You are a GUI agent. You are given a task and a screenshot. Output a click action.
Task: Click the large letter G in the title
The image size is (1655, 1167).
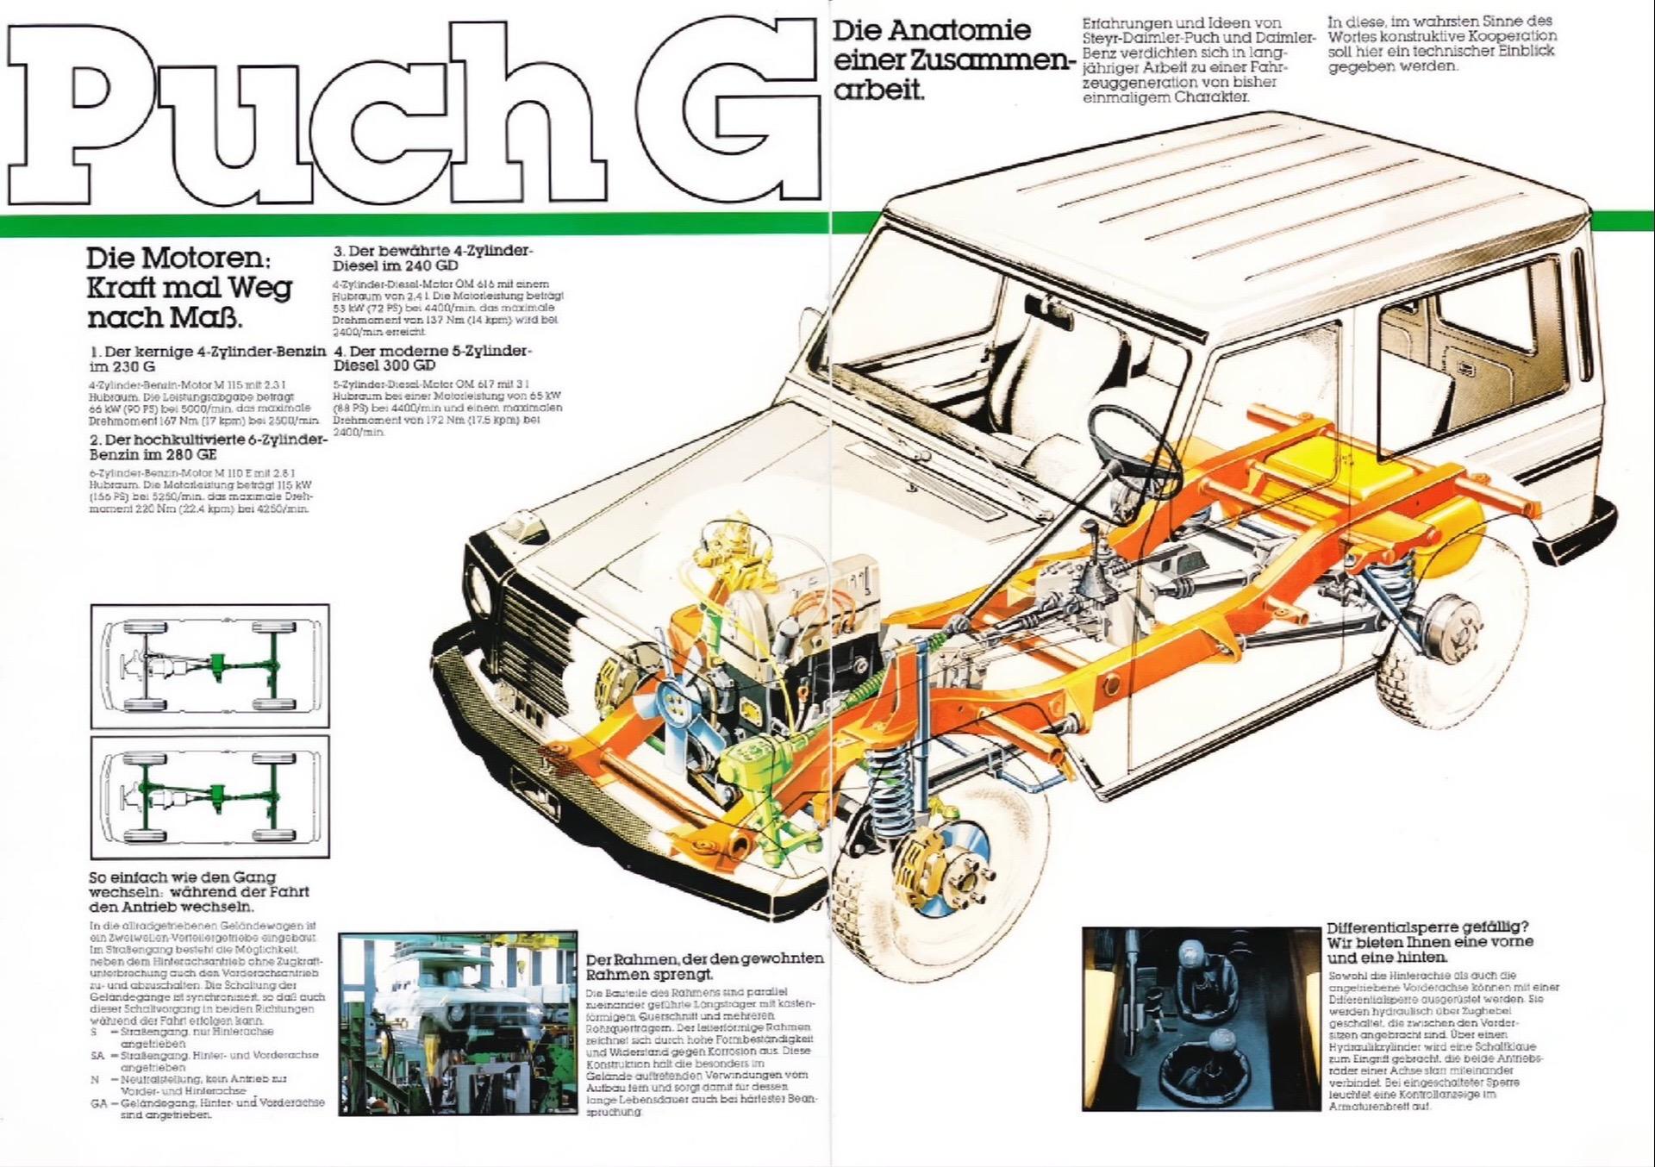tap(737, 112)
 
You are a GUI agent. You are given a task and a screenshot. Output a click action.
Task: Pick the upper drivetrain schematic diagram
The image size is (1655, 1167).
tap(209, 665)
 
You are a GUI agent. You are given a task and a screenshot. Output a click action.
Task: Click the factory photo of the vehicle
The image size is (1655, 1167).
tap(458, 1023)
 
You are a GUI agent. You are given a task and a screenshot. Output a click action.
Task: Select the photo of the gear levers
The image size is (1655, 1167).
tap(1202, 1018)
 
